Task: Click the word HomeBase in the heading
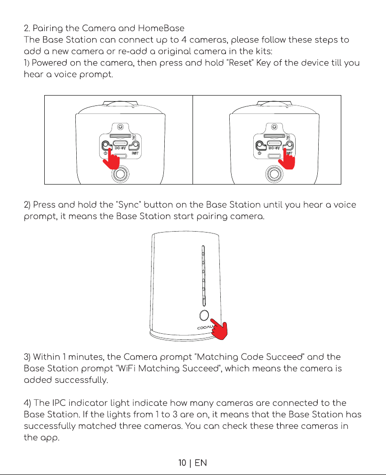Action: pyautogui.click(x=161, y=28)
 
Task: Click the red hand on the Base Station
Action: pyautogui.click(x=219, y=329)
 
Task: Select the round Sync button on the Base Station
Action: pyautogui.click(x=204, y=315)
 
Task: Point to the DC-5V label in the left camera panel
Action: pyautogui.click(x=121, y=148)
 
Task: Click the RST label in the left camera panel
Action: pyautogui.click(x=135, y=153)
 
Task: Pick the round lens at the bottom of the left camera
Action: pyautogui.click(x=121, y=174)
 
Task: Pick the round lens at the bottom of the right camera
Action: pyautogui.click(x=274, y=174)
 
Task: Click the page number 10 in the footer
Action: pyautogui.click(x=182, y=463)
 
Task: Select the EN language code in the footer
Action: pyautogui.click(x=201, y=463)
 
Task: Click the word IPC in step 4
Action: pyautogui.click(x=59, y=403)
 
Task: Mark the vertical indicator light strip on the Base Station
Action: pyautogui.click(x=204, y=276)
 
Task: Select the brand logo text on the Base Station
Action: pyautogui.click(x=205, y=327)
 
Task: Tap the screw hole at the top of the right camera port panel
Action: pyautogui.click(x=274, y=127)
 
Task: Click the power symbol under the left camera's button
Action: pyautogui.click(x=105, y=153)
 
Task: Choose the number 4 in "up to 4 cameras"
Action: pyautogui.click(x=184, y=40)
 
